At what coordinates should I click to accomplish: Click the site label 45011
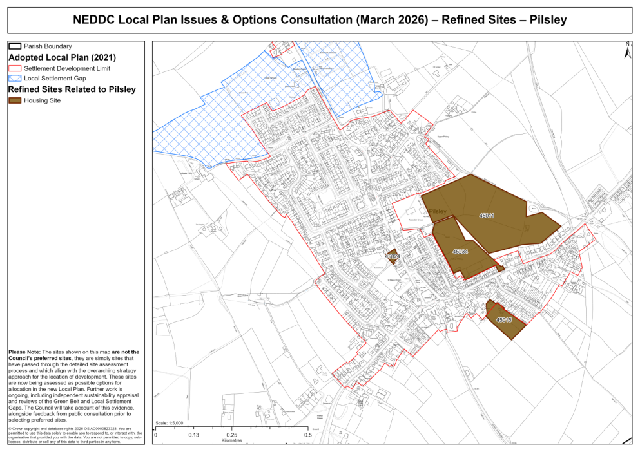tap(487, 216)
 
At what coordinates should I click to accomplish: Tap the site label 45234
tap(460, 252)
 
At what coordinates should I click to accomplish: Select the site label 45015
tap(504, 319)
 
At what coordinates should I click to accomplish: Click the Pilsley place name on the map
tap(438, 211)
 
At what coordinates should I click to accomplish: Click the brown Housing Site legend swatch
tap(15, 100)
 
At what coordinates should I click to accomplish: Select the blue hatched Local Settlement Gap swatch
tap(15, 78)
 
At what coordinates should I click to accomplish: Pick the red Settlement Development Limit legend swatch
tap(15, 68)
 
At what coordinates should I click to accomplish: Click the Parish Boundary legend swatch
tap(15, 46)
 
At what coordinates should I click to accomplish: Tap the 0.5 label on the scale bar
tap(308, 435)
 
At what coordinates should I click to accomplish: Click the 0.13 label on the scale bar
tap(193, 435)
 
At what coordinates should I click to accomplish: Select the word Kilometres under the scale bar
tap(232, 442)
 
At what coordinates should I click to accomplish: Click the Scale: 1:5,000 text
tap(170, 423)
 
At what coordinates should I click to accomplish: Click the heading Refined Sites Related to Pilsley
tap(72, 89)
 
